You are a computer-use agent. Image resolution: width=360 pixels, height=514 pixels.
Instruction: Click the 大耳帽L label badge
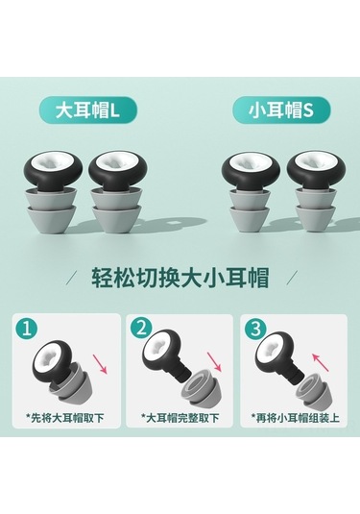tap(87, 111)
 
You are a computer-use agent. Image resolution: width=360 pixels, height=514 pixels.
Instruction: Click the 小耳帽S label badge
tap(281, 111)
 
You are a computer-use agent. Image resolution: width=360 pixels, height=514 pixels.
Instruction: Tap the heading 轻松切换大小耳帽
tap(180, 278)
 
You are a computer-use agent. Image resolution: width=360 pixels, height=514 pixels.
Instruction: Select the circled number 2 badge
tap(141, 329)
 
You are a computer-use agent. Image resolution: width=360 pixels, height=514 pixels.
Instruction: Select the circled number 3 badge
tap(255, 329)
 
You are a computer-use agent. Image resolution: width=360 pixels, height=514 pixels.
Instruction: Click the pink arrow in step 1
tap(100, 363)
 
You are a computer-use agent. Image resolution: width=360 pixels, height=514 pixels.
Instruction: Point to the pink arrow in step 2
tap(214, 362)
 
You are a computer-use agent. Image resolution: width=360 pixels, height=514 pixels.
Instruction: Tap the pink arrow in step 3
tap(320, 362)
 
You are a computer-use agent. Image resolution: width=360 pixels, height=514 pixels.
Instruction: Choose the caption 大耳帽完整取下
tap(180, 418)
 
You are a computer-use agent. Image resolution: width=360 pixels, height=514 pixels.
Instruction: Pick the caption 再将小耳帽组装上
tap(296, 418)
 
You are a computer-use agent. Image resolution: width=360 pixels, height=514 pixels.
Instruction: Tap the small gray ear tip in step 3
tap(310, 390)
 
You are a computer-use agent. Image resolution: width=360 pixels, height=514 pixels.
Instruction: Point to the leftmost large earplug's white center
tap(53, 162)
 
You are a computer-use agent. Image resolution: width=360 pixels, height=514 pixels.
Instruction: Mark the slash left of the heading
tap(74, 278)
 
